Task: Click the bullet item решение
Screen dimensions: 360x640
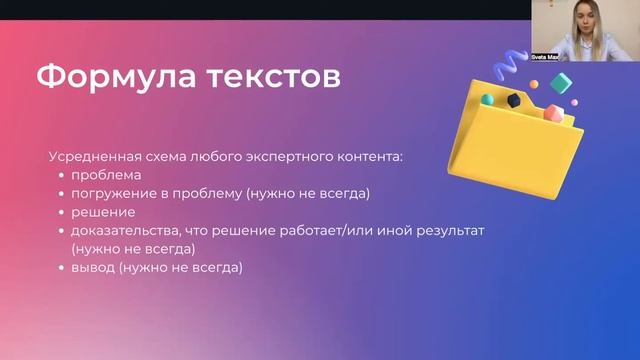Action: (103, 212)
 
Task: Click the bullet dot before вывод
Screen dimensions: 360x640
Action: (62, 267)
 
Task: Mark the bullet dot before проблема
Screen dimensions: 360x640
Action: (62, 176)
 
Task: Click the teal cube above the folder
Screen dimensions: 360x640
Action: (562, 83)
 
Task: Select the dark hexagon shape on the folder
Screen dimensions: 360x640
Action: (513, 100)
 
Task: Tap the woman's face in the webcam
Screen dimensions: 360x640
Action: (583, 22)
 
